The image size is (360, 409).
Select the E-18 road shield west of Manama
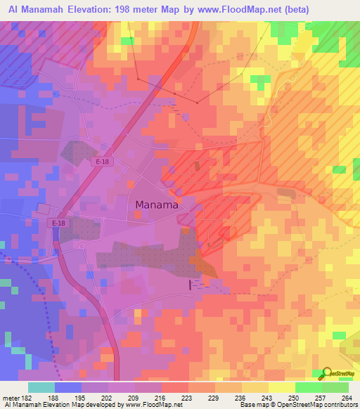[59, 223]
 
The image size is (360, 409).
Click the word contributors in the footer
[340, 405]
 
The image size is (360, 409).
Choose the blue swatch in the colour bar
[67, 387]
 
